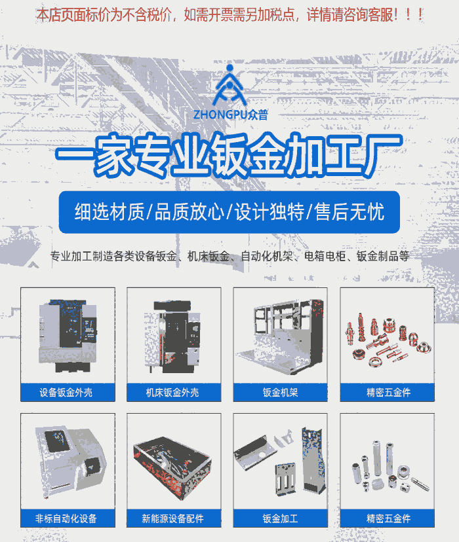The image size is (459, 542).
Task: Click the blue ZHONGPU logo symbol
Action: point(229,85)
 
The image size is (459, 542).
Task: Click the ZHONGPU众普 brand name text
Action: point(231,115)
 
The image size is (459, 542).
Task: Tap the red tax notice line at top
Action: point(230,15)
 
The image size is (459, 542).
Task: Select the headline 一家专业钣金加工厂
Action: point(229,154)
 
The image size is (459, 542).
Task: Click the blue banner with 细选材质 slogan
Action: point(229,212)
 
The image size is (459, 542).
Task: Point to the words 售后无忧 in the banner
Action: point(350,212)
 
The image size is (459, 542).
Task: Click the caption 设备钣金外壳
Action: point(66,392)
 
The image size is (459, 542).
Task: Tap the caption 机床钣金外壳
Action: point(172,392)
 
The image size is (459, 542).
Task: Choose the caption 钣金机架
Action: point(280,392)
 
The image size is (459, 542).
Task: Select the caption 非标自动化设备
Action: point(66,518)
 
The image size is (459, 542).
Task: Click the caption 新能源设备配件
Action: point(172,518)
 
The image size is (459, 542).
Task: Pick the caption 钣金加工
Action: point(280,518)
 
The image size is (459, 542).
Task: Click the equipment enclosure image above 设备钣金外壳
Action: point(68,336)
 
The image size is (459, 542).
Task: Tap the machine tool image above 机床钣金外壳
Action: point(172,337)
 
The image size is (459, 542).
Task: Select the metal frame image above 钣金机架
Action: point(281,336)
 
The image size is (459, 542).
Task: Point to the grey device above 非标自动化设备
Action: point(70,461)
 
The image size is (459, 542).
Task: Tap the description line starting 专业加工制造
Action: point(229,256)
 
